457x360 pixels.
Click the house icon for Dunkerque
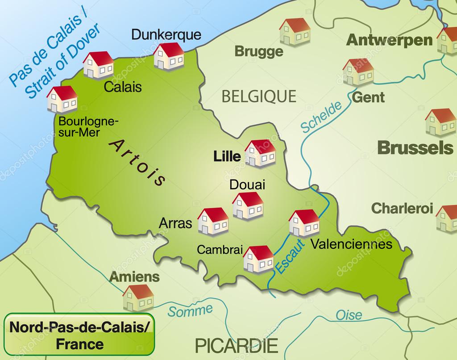tap(169, 57)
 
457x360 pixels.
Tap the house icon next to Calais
tap(99, 65)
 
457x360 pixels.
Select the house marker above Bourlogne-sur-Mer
tap(62, 99)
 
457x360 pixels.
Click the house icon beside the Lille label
tap(260, 154)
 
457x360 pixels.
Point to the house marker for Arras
tap(213, 222)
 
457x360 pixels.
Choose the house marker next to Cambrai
tap(258, 259)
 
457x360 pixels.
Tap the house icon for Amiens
tap(138, 298)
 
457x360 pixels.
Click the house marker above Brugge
tap(295, 32)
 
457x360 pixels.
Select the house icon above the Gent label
tap(358, 72)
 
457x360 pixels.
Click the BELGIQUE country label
tap(259, 96)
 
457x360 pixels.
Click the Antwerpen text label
tap(390, 40)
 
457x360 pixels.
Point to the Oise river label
tap(349, 314)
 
